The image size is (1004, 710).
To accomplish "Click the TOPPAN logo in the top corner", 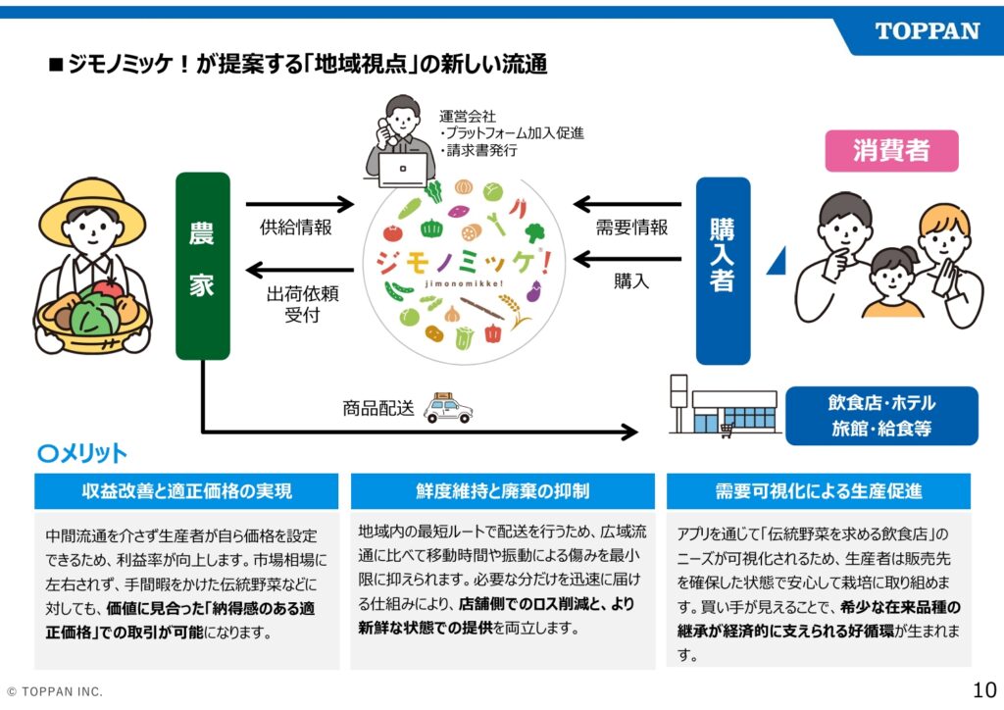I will coord(926,30).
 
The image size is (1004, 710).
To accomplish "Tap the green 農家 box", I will coord(202,266).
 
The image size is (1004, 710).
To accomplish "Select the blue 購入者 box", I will coord(723,270).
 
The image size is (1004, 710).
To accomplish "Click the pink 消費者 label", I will coord(891,150).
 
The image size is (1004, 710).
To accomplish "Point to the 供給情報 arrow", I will coord(300,205).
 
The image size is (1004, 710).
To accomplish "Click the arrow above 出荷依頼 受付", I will coord(300,269).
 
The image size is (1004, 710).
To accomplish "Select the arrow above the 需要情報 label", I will coord(627,205).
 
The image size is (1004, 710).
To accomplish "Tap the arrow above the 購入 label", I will coord(627,260).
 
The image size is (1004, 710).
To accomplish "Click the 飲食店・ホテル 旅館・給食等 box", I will coord(881,416).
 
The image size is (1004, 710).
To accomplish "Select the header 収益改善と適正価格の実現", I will coord(186,490).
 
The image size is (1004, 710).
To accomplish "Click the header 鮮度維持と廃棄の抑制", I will coord(502,490).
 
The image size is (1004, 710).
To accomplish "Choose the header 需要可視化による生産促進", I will coord(818,490).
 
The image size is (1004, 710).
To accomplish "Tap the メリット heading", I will coord(82,453).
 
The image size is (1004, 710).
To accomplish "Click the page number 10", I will coord(984,687).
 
